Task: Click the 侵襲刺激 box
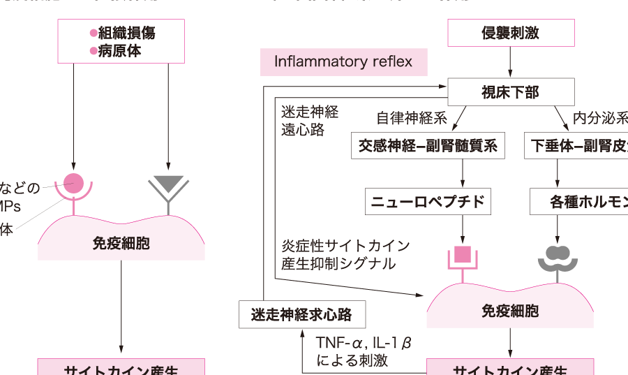(510, 33)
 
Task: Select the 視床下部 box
(510, 91)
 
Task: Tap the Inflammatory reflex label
(343, 61)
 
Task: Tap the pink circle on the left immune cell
(73, 184)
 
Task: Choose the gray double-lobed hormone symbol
(557, 256)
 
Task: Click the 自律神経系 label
(412, 118)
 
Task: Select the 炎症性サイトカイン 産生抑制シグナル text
(345, 255)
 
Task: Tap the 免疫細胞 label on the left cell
(121, 243)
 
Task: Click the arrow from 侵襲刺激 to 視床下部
(510, 62)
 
